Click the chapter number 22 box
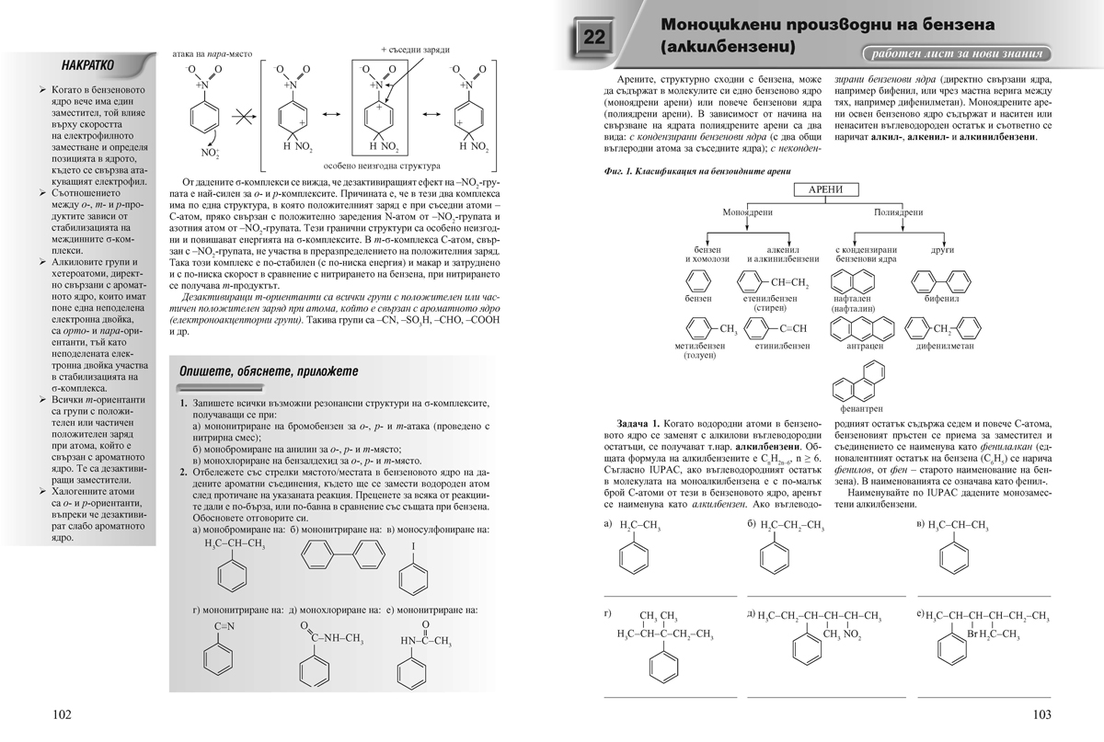(x=593, y=38)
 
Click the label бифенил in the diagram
(x=942, y=299)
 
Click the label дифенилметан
(x=947, y=347)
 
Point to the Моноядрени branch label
(x=746, y=211)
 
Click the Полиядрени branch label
(x=898, y=211)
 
